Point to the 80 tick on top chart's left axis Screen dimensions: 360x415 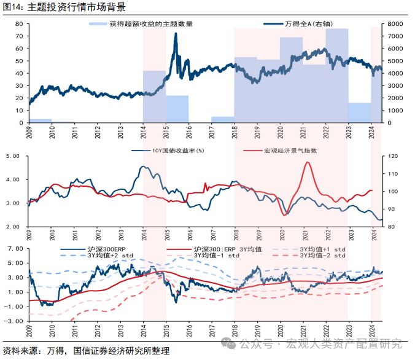click(x=18, y=24)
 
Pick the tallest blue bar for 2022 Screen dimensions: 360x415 click(x=336, y=74)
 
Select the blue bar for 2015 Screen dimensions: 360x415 click(x=177, y=109)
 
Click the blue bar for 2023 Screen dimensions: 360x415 click(x=359, y=112)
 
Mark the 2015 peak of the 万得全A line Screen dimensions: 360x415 click(x=176, y=34)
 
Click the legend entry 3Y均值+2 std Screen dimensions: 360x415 click(x=111, y=255)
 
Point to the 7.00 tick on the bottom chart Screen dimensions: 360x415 click(x=15, y=248)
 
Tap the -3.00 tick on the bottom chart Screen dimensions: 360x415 click(x=14, y=321)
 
